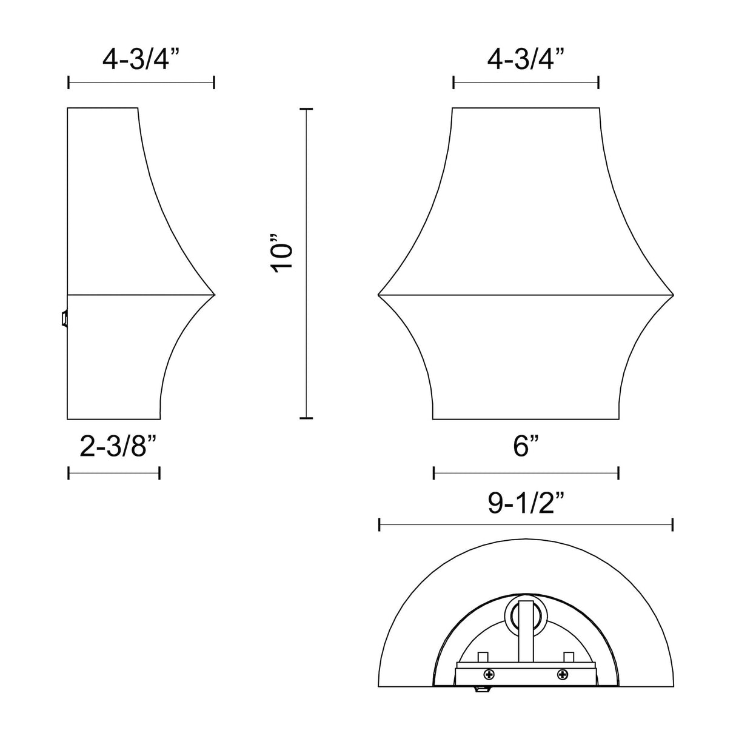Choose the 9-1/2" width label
click(x=526, y=503)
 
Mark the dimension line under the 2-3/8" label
click(x=113, y=473)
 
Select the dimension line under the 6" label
click(x=526, y=473)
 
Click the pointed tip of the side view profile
click(x=213, y=295)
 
